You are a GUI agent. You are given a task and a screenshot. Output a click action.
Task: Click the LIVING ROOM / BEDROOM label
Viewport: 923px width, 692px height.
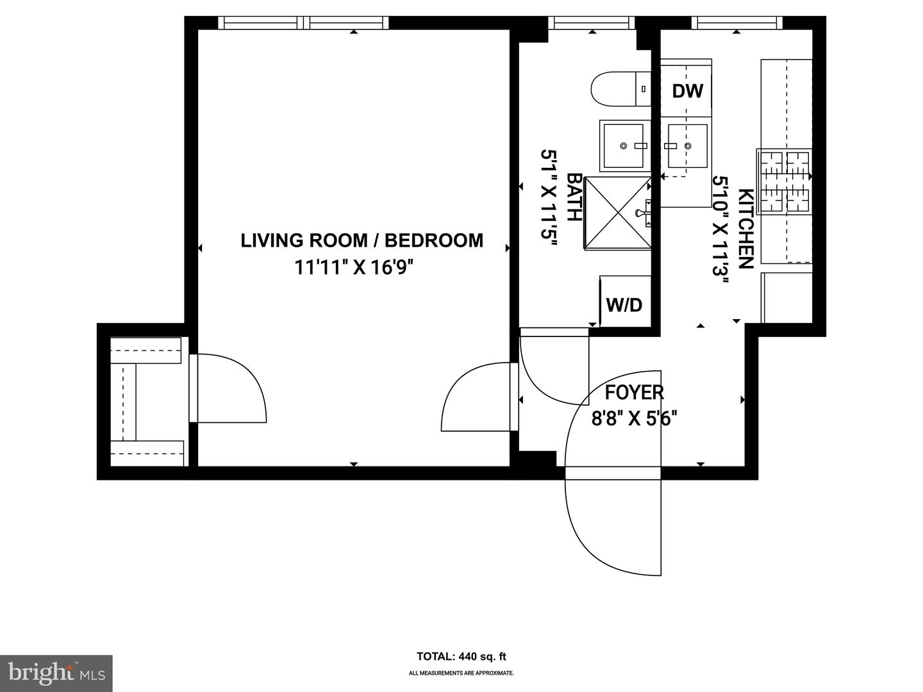pyautogui.click(x=362, y=240)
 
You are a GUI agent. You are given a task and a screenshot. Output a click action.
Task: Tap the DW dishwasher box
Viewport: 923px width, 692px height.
pyautogui.click(x=687, y=90)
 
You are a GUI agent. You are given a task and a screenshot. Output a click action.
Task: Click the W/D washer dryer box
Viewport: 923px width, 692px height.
pyautogui.click(x=624, y=304)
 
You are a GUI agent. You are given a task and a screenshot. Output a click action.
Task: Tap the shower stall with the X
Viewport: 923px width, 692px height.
pyautogui.click(x=617, y=213)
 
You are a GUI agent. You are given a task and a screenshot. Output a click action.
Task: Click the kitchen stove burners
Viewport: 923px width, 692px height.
pyautogui.click(x=784, y=181)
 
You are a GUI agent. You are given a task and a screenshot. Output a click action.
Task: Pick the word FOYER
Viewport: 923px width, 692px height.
pyautogui.click(x=635, y=392)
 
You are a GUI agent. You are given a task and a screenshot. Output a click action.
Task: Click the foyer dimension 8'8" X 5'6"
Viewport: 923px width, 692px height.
pyautogui.click(x=635, y=419)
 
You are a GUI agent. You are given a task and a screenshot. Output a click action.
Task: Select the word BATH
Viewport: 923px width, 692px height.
pyautogui.click(x=574, y=197)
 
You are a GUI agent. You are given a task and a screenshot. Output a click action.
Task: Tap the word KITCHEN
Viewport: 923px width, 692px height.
pyautogui.click(x=745, y=229)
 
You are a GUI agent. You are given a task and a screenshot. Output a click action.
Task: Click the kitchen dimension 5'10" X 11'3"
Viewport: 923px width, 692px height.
pyautogui.click(x=721, y=234)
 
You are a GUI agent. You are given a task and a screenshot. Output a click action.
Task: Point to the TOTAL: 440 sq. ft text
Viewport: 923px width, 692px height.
pyautogui.click(x=462, y=656)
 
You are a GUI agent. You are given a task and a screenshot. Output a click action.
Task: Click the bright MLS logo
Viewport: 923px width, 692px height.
pyautogui.click(x=56, y=673)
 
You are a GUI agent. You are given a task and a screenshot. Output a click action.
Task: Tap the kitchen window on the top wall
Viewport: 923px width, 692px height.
pyautogui.click(x=737, y=23)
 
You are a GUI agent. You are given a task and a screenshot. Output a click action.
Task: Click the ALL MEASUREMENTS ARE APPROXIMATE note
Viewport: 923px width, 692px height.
pyautogui.click(x=462, y=673)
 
